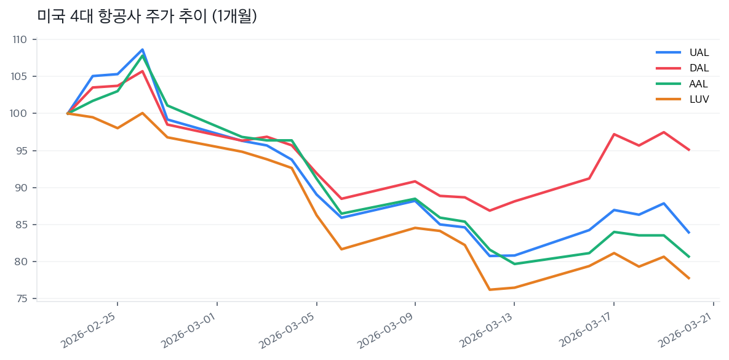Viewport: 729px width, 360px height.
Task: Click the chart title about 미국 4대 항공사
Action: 146,16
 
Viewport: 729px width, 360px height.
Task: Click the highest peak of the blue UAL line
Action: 142,49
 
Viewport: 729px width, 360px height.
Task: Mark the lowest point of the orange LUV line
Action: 490,290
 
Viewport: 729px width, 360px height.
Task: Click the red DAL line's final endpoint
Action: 689,150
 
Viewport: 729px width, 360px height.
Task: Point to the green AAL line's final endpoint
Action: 689,257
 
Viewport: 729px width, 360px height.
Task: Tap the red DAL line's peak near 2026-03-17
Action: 614,134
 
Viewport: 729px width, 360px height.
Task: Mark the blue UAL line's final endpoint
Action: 689,233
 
